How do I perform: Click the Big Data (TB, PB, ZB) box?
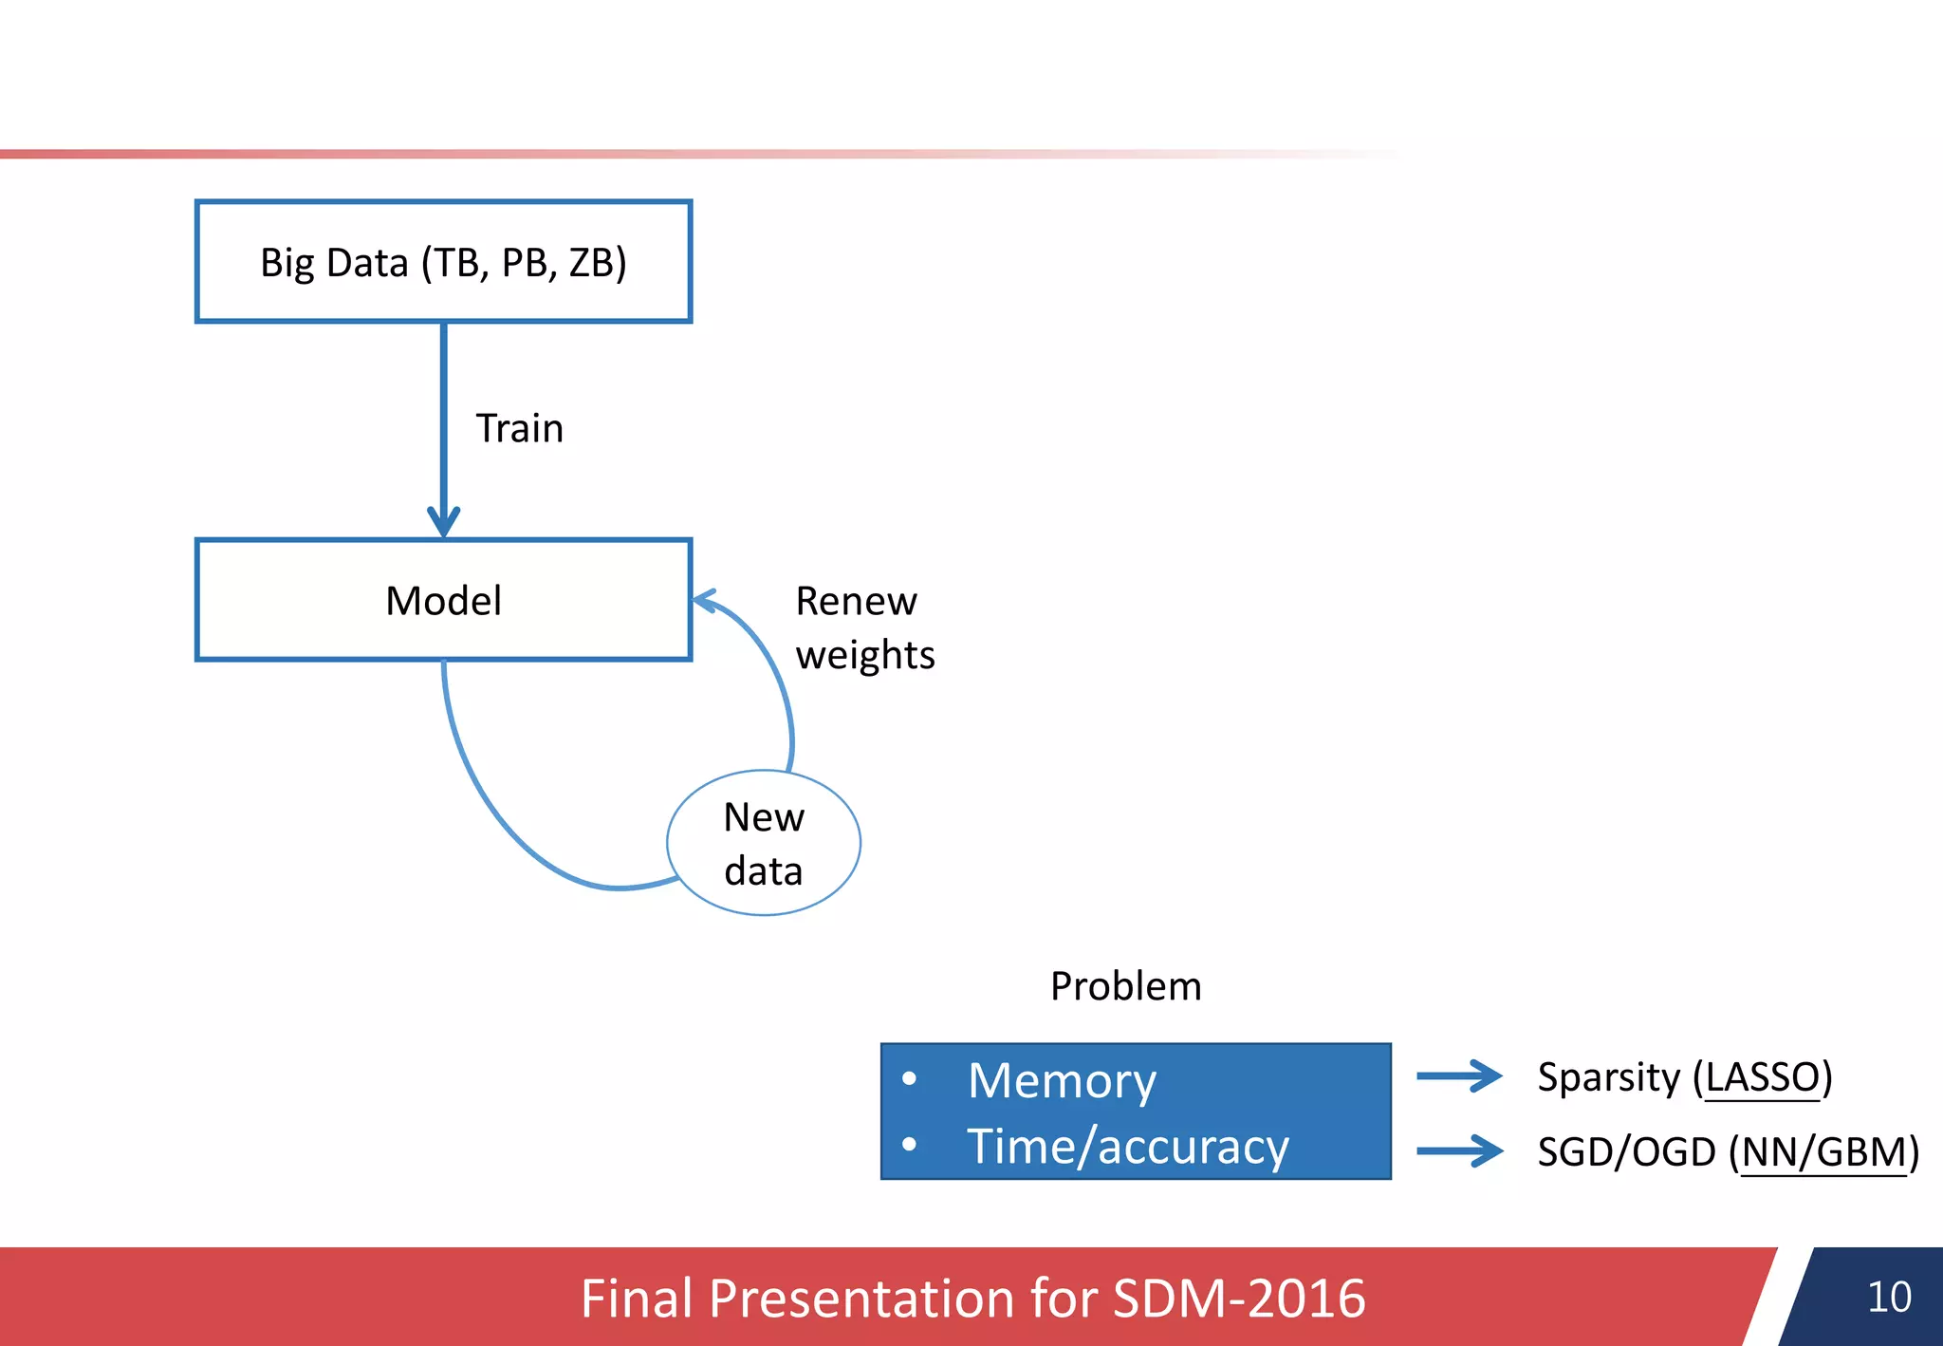[443, 262]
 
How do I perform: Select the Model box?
[443, 600]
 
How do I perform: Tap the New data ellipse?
[764, 843]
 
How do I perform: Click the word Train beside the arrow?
[519, 428]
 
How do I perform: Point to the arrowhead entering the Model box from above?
[443, 523]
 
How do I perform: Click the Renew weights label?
[864, 627]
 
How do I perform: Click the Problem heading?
[1125, 986]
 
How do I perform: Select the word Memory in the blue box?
[1062, 1080]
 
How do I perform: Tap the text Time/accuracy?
[1127, 1146]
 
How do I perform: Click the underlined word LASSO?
[1762, 1077]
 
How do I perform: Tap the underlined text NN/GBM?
[1823, 1152]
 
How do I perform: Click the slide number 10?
[1888, 1297]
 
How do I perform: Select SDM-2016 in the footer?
[1238, 1299]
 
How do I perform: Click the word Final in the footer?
[637, 1299]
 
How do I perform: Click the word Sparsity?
[1608, 1077]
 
